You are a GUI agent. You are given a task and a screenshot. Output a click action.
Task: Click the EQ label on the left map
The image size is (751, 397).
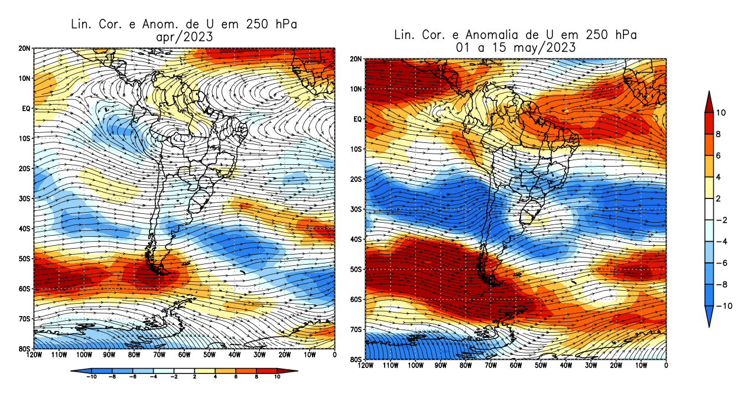27,108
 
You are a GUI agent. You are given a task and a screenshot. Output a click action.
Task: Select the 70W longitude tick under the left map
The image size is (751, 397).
159,354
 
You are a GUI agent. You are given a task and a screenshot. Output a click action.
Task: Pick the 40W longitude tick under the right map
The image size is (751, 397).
566,366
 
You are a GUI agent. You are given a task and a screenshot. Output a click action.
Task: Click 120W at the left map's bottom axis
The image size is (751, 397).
34,354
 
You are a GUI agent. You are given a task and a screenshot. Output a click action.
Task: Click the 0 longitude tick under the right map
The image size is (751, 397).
667,366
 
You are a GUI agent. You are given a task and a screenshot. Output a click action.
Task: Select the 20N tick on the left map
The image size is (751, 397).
25,48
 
